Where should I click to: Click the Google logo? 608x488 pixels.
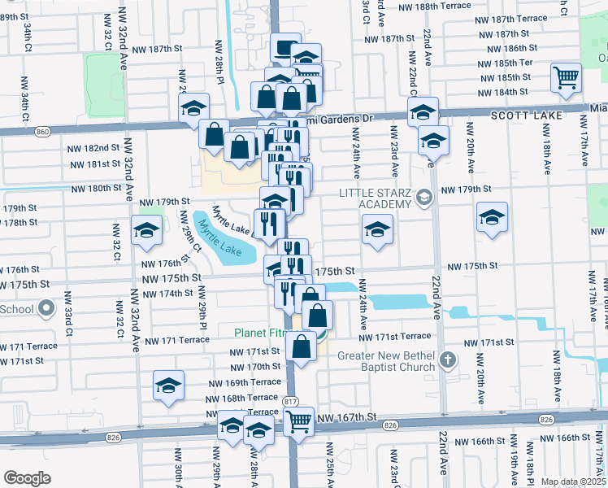(x=27, y=478)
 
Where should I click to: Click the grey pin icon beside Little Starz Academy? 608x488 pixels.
(x=423, y=198)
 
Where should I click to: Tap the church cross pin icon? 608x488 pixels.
(x=446, y=359)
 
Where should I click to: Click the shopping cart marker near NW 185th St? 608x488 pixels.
(x=566, y=78)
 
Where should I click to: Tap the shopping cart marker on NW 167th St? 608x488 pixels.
(x=299, y=421)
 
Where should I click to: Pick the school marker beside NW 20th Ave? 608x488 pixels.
(x=492, y=217)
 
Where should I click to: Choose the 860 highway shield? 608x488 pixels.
(x=42, y=131)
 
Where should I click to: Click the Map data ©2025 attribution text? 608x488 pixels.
(x=573, y=481)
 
